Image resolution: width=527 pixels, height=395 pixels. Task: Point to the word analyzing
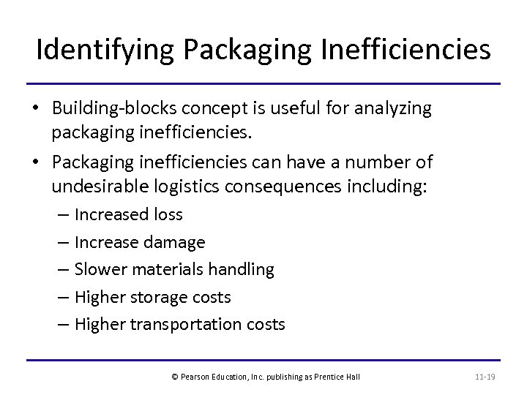392,109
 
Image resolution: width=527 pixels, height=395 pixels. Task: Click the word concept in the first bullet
206,109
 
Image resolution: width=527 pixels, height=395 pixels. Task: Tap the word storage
156,297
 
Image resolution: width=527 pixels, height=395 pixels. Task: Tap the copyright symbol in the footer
174,377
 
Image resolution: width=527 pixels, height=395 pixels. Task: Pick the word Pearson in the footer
195,377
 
